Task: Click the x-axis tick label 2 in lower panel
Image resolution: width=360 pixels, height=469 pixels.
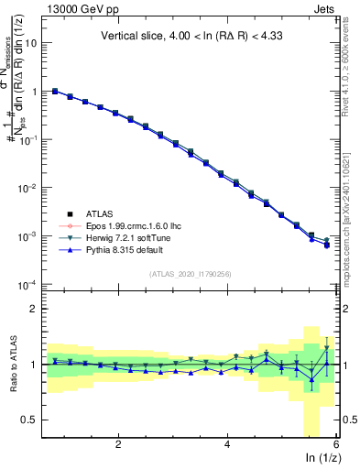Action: [118, 444]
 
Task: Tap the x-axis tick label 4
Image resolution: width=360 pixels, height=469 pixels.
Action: [227, 444]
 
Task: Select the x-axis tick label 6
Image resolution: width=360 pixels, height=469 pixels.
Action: [336, 444]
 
